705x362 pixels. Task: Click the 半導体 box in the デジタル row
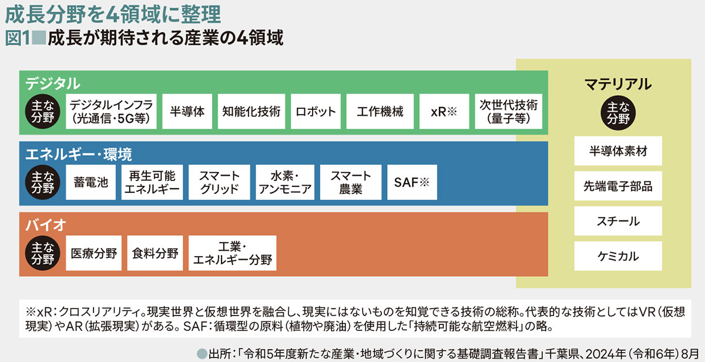pyautogui.click(x=187, y=112)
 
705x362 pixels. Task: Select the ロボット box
pyautogui.click(x=315, y=112)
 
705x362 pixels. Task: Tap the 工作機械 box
pyautogui.click(x=380, y=112)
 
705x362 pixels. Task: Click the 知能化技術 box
pyautogui.click(x=251, y=112)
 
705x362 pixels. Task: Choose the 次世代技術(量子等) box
pyautogui.click(x=509, y=112)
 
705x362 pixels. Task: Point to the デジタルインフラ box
pyautogui.click(x=110, y=112)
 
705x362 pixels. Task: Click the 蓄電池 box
pyautogui.click(x=90, y=182)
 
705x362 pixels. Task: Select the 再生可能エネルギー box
pyautogui.click(x=152, y=182)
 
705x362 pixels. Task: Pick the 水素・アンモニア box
pyautogui.click(x=285, y=182)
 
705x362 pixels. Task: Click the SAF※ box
pyautogui.click(x=409, y=182)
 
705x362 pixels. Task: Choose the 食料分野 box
pyautogui.click(x=155, y=253)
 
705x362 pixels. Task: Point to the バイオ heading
pyautogui.click(x=45, y=224)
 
